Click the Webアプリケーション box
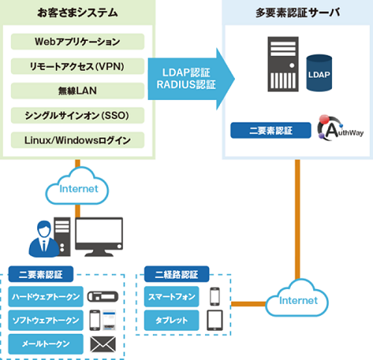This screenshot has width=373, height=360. pyautogui.click(x=78, y=42)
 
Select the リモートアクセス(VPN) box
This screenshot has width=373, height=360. pyautogui.click(x=78, y=66)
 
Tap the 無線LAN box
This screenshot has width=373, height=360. pyautogui.click(x=78, y=91)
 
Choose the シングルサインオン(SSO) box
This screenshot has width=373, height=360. pyautogui.click(x=78, y=116)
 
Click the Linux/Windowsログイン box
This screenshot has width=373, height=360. pyautogui.click(x=78, y=140)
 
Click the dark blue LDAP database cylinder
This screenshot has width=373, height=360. pyautogui.click(x=319, y=73)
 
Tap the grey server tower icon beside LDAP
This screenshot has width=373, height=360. pyautogui.click(x=283, y=64)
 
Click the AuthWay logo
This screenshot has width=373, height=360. pyautogui.click(x=340, y=128)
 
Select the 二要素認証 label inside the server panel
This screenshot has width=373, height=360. pyautogui.click(x=271, y=131)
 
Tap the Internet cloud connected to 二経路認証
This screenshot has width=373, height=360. pyautogui.click(x=297, y=299)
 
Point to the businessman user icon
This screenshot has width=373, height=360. pyautogui.click(x=44, y=239)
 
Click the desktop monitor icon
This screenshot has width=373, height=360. pyautogui.click(x=99, y=237)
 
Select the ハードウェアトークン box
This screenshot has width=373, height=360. pyautogui.click(x=46, y=297)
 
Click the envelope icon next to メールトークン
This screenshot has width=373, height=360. pyautogui.click(x=103, y=344)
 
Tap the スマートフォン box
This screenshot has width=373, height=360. pyautogui.click(x=172, y=297)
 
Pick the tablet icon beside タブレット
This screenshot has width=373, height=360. pyautogui.click(x=215, y=320)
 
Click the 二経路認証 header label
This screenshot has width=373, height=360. pyautogui.click(x=177, y=274)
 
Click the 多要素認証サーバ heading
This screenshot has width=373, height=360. pyautogui.click(x=298, y=13)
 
